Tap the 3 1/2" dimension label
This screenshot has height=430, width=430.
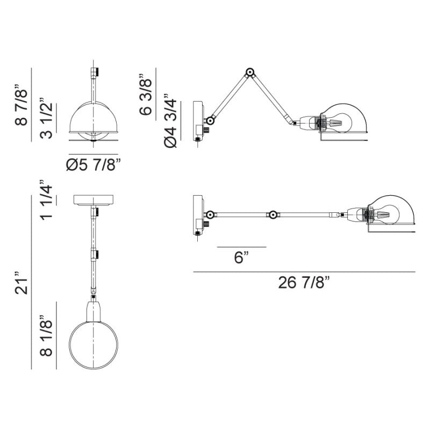(46, 118)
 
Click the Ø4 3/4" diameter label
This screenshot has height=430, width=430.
(170, 121)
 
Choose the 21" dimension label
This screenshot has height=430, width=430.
(21, 284)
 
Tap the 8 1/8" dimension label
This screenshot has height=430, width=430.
(46, 335)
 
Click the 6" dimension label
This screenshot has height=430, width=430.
(241, 257)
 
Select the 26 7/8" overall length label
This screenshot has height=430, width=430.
(304, 282)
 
